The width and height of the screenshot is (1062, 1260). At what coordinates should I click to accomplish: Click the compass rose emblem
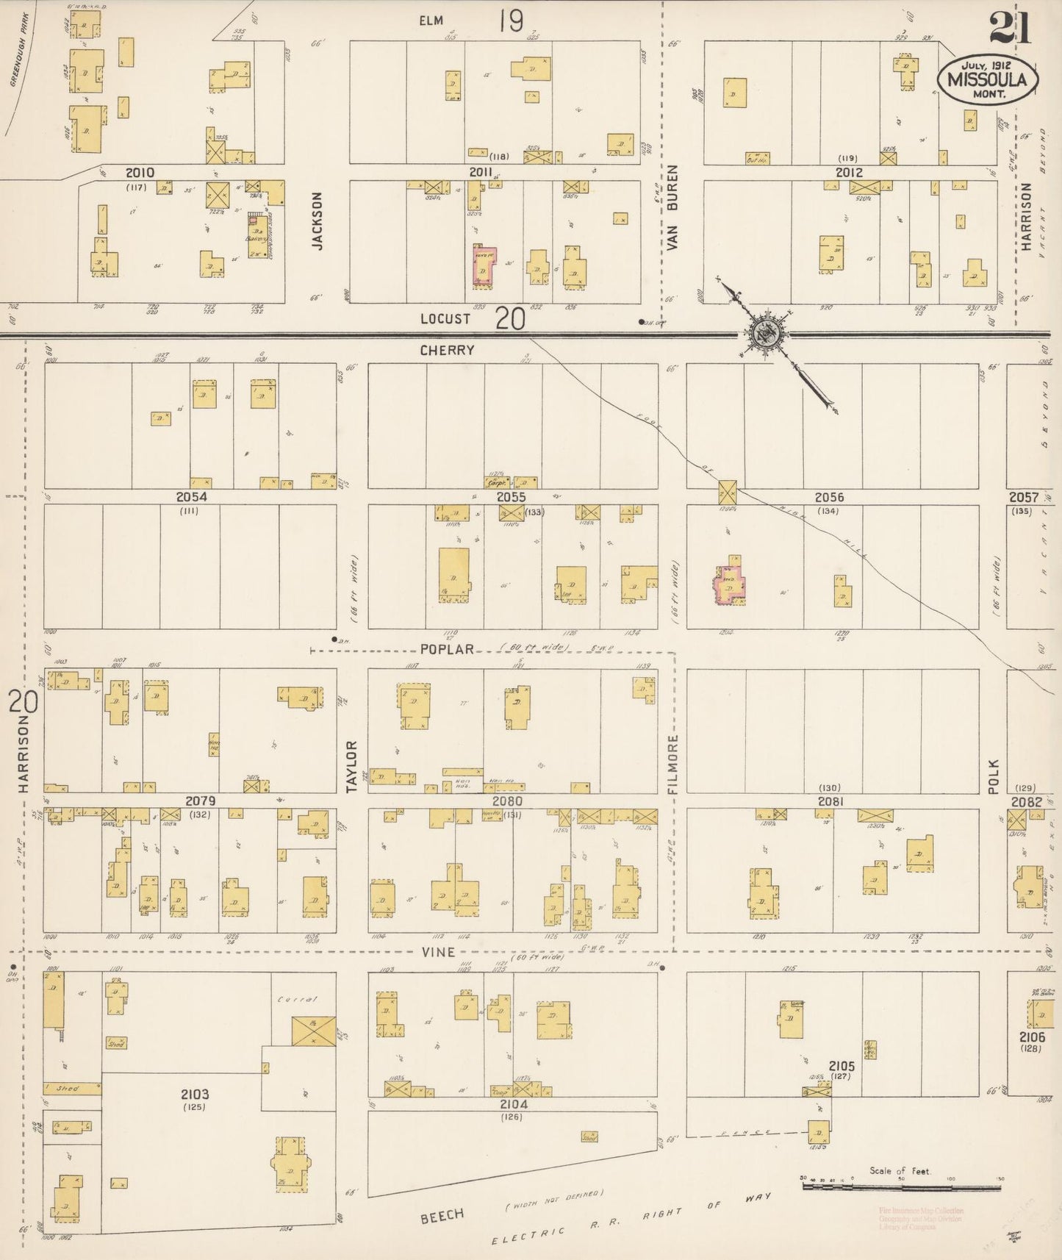(765, 334)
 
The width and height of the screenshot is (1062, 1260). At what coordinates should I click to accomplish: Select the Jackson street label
(317, 221)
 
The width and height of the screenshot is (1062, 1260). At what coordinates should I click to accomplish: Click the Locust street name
(445, 319)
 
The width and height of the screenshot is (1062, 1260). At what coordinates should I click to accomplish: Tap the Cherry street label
(447, 351)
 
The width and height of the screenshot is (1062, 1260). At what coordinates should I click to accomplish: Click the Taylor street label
(351, 766)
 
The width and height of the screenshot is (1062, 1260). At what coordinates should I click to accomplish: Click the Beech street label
(442, 1217)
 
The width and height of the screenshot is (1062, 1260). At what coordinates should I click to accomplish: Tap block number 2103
(195, 1095)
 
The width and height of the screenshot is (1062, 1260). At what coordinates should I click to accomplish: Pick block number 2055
(511, 498)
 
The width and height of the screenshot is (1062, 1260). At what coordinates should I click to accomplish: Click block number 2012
(848, 173)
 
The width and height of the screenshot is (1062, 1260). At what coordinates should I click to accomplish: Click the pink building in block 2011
(484, 267)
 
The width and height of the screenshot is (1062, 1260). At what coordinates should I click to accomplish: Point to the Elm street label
(431, 21)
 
